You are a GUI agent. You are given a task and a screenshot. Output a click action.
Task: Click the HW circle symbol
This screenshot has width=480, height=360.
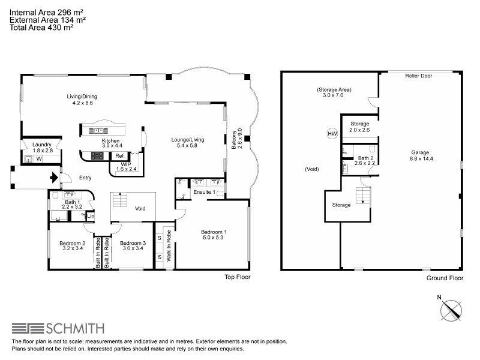(x=332, y=134)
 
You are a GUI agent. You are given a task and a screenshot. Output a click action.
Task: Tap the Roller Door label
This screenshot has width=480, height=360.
(x=419, y=77)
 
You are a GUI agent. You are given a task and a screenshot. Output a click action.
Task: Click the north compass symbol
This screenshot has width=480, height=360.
(x=451, y=311)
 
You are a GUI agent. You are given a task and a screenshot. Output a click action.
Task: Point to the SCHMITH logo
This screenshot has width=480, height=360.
(x=58, y=328)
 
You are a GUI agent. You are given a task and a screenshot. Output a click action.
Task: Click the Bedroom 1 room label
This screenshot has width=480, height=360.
(x=214, y=232)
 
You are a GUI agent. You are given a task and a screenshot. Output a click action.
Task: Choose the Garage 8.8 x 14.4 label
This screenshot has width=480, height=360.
(x=419, y=155)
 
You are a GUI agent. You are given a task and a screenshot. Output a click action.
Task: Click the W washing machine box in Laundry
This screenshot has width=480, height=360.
(x=38, y=160)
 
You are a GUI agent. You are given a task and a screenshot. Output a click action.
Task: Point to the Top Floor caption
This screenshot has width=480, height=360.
(x=237, y=277)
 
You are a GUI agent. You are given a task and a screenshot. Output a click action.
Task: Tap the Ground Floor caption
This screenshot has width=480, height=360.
(x=444, y=278)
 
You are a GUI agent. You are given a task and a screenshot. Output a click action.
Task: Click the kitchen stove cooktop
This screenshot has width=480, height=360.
(x=97, y=156)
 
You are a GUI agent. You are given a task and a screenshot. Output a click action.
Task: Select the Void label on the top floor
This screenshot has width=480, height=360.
(x=140, y=209)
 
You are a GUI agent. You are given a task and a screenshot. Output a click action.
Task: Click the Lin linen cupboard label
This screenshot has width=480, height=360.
(x=91, y=216)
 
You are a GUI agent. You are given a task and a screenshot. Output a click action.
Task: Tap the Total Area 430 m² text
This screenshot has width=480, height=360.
(x=41, y=27)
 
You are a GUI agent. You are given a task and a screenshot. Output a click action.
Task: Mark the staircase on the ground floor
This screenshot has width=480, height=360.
(x=362, y=196)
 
